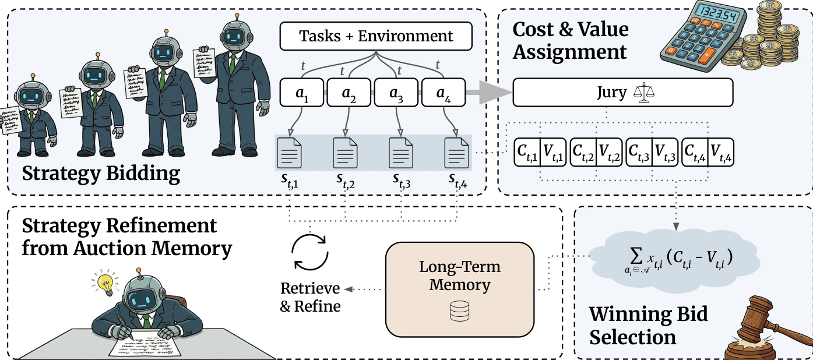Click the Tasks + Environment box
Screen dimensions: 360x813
(376, 37)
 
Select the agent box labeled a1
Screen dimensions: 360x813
(302, 92)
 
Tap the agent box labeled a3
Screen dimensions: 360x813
(396, 92)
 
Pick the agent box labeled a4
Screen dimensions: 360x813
(443, 92)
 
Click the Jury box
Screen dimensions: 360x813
(622, 93)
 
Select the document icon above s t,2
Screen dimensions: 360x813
(345, 153)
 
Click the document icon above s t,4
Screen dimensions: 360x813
(456, 153)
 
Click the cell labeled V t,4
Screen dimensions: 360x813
(720, 152)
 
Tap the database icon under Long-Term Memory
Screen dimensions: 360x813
(460, 312)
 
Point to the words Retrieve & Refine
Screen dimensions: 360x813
(310, 297)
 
